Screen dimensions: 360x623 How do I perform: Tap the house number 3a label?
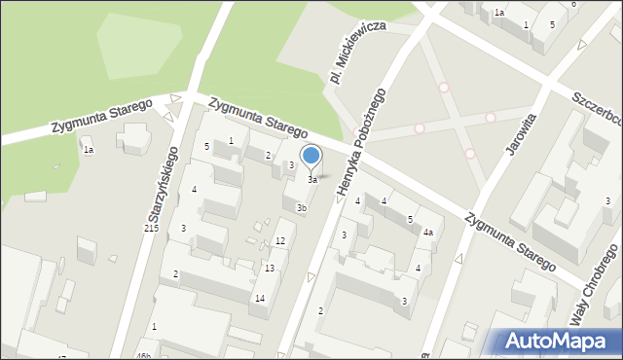click(312, 180)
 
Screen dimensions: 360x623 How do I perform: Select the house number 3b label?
click(302, 207)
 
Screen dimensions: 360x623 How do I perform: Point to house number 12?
click(279, 240)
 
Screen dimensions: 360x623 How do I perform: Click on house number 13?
click(270, 268)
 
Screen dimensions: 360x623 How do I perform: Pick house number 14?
click(260, 299)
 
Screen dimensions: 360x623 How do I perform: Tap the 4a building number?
click(427, 233)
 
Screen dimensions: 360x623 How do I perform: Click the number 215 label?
click(151, 228)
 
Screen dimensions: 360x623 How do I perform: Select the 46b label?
click(143, 356)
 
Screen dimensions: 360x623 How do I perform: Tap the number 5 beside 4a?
click(410, 220)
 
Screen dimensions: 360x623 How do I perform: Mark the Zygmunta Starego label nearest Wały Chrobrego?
click(509, 242)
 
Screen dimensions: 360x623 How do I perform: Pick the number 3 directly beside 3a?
click(291, 165)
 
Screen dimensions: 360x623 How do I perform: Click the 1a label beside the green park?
click(88, 150)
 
